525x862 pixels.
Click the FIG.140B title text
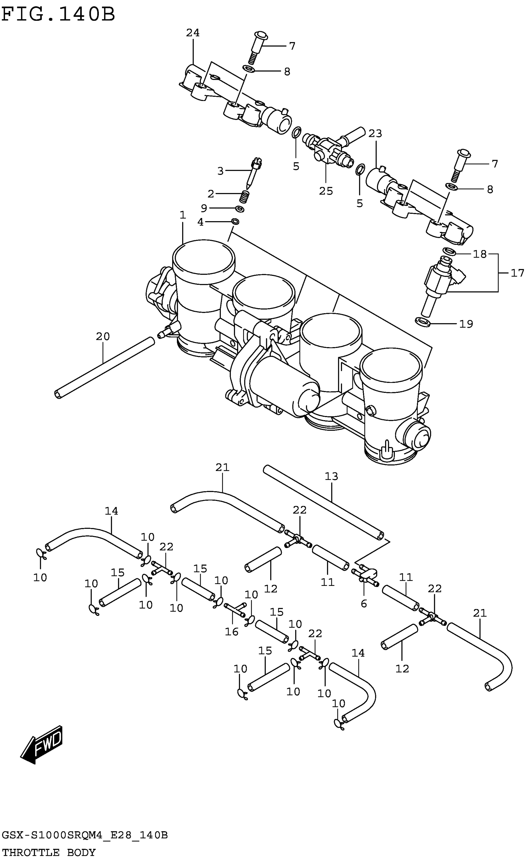[58, 15]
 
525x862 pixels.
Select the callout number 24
[192, 33]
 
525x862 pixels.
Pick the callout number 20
[103, 337]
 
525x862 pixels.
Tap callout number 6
[364, 603]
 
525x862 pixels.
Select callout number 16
[232, 632]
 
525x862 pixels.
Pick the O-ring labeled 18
[449, 251]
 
